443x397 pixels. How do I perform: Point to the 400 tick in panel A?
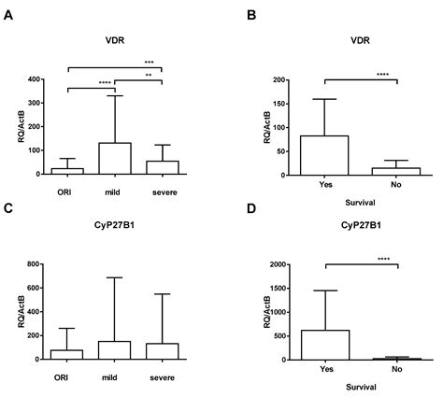point(34,79)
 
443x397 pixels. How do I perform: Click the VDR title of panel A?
point(115,40)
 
